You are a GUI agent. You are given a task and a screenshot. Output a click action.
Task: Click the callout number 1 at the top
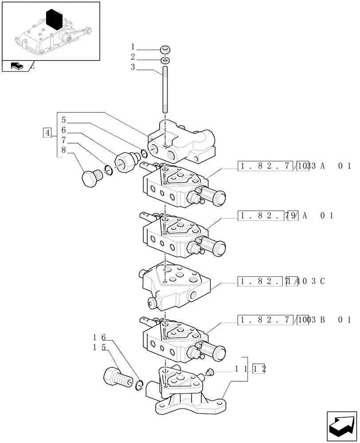(x=133, y=47)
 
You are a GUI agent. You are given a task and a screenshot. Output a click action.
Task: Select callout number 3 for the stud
(x=133, y=67)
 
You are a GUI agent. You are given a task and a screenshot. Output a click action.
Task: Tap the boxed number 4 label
(x=47, y=132)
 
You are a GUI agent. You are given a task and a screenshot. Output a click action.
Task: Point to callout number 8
(x=64, y=150)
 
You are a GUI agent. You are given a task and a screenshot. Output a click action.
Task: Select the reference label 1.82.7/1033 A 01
(x=294, y=167)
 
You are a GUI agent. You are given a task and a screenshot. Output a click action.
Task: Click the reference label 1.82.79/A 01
(x=286, y=216)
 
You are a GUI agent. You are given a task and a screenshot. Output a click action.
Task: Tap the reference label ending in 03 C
(x=282, y=281)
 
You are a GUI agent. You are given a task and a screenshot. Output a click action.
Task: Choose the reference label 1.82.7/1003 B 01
(x=294, y=319)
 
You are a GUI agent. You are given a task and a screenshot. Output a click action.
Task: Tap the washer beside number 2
(x=164, y=60)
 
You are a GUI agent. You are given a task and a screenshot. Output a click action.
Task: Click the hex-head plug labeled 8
(x=92, y=178)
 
